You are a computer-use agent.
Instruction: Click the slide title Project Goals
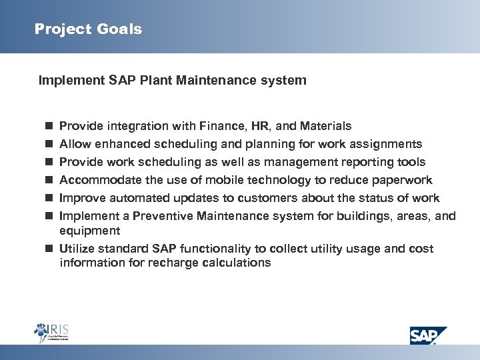coord(88,29)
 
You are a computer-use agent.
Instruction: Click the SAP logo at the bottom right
coord(428,335)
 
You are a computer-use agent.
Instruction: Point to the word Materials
coord(326,126)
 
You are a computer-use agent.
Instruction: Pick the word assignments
coord(389,144)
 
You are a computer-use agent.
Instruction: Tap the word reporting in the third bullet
coord(349,162)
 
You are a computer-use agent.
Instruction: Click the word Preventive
coord(164,216)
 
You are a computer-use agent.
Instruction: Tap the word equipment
coord(90,231)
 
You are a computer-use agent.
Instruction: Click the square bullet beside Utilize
coord(49,249)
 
